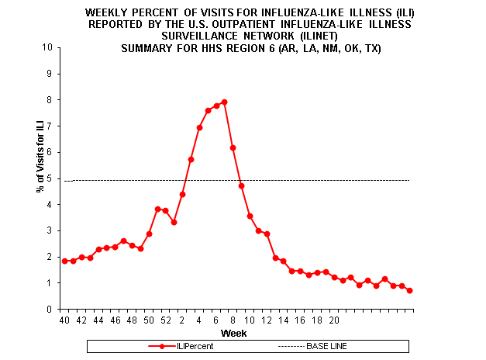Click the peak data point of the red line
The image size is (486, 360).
tap(224, 102)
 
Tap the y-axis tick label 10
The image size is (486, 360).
tap(48, 47)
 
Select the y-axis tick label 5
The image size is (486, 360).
tap(50, 178)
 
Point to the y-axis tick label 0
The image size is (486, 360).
tap(50, 309)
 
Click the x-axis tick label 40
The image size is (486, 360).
tap(64, 319)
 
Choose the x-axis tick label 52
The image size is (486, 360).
tap(165, 319)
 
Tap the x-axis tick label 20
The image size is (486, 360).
tap(334, 319)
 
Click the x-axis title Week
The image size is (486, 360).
tap(233, 333)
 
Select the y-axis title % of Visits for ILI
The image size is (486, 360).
tap(40, 178)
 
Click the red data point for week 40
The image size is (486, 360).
tap(64, 261)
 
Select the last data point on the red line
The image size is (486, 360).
tap(410, 290)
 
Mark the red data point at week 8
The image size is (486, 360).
tap(233, 147)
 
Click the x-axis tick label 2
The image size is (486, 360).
tap(182, 319)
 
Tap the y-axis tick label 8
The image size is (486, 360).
tap(50, 100)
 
